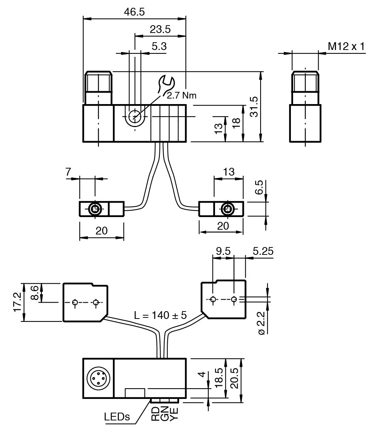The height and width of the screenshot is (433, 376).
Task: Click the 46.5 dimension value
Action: (134, 11)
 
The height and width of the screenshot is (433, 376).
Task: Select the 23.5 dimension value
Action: (160, 29)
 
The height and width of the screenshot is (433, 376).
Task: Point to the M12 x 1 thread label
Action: (346, 46)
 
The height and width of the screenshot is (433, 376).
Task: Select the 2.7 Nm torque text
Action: (181, 95)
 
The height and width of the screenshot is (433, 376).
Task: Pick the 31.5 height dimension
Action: (254, 107)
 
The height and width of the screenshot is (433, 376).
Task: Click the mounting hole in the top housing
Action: (135, 117)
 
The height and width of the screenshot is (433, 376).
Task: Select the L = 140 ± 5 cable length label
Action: (160, 315)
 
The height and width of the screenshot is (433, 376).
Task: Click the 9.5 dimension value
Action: (223, 251)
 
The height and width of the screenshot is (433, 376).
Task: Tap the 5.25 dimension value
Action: (263, 251)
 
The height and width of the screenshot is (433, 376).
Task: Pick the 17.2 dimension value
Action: (17, 302)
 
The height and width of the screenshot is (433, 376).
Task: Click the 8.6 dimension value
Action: (34, 293)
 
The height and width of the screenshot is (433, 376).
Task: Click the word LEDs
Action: (117, 417)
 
